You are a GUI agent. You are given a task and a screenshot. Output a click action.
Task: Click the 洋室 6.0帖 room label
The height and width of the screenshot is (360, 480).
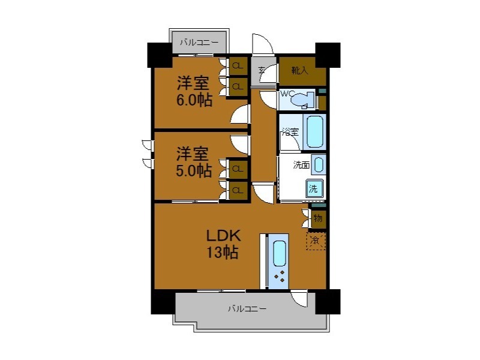(193, 91)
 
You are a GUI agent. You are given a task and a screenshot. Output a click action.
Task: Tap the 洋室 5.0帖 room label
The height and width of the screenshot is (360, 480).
(193, 161)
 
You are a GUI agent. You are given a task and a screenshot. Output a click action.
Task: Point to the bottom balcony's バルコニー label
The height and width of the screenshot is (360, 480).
(247, 310)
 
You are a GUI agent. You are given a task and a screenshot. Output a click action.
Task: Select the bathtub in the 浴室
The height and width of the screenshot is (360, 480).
(315, 131)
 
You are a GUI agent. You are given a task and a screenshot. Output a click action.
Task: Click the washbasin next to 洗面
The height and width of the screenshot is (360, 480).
(318, 164)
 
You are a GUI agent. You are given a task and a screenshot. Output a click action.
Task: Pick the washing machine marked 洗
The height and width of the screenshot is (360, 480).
(314, 188)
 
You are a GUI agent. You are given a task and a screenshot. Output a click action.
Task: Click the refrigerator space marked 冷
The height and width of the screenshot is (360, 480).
(316, 241)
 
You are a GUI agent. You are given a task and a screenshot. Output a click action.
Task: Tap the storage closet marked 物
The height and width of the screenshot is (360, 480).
(318, 218)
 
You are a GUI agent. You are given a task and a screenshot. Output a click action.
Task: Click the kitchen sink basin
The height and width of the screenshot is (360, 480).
(280, 253)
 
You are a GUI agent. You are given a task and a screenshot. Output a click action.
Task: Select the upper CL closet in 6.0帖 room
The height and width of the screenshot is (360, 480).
(238, 65)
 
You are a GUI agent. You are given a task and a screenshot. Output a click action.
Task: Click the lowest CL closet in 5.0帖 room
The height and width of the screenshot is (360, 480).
(238, 190)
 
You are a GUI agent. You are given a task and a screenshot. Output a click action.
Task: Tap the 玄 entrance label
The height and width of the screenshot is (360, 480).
(262, 71)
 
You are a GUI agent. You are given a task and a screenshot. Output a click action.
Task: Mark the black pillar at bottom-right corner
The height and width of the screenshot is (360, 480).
(328, 301)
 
